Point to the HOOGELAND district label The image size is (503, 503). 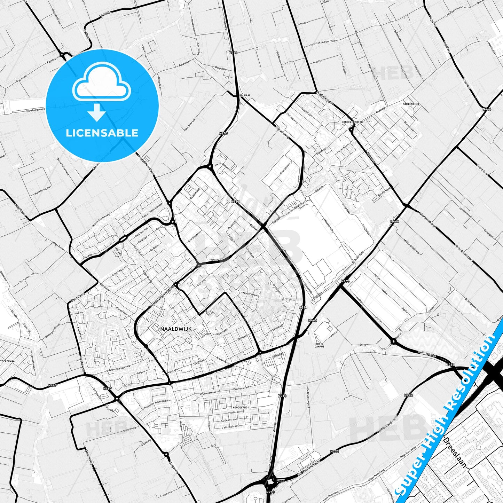point(240,407)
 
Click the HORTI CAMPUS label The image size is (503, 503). point(319,345)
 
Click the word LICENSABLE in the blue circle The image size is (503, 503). point(102,133)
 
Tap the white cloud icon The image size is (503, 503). point(101,82)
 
